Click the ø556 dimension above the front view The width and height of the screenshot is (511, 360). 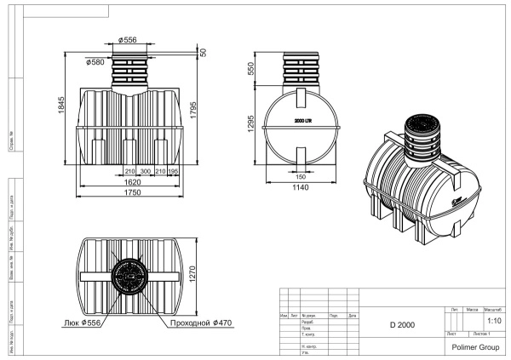[x=129, y=40]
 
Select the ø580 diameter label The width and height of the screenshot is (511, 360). [x=97, y=61]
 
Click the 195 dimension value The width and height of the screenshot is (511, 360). [x=173, y=171]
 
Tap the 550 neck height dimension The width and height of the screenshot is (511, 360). [x=250, y=68]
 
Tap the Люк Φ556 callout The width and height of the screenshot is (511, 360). [x=87, y=323]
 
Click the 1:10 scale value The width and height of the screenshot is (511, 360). [x=493, y=321]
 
